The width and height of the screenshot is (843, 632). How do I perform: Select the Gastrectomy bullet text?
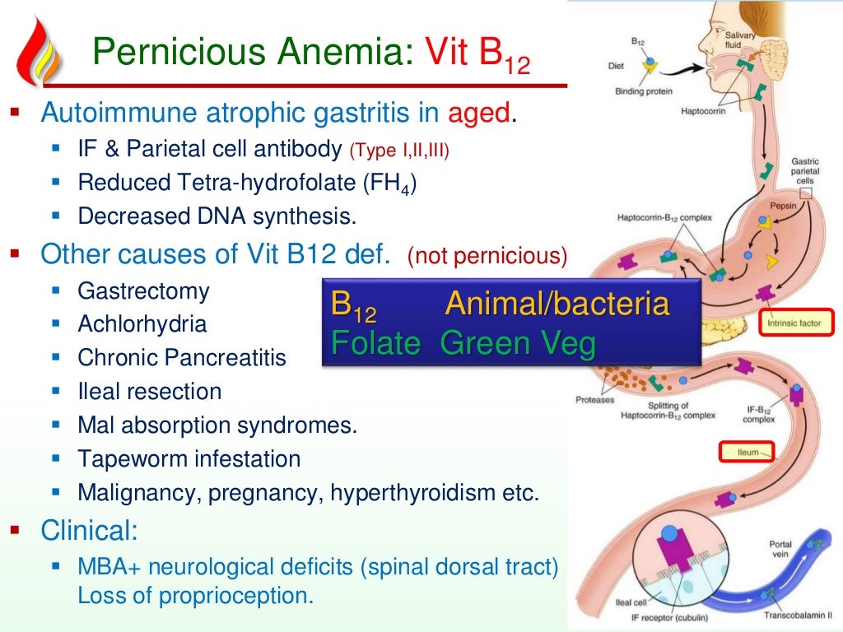(x=143, y=290)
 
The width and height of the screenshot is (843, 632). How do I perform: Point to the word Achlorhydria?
(x=142, y=324)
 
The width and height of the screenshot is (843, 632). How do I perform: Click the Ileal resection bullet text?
(x=150, y=391)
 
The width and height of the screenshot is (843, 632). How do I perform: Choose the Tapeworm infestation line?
(x=189, y=458)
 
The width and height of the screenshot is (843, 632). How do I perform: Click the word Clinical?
(x=90, y=531)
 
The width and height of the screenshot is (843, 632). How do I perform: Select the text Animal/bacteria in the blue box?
(x=557, y=304)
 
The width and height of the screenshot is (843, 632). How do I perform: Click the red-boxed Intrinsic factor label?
(x=794, y=323)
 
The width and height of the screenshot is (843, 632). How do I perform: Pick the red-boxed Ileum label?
(x=748, y=452)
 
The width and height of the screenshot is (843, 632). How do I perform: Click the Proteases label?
(x=594, y=401)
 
